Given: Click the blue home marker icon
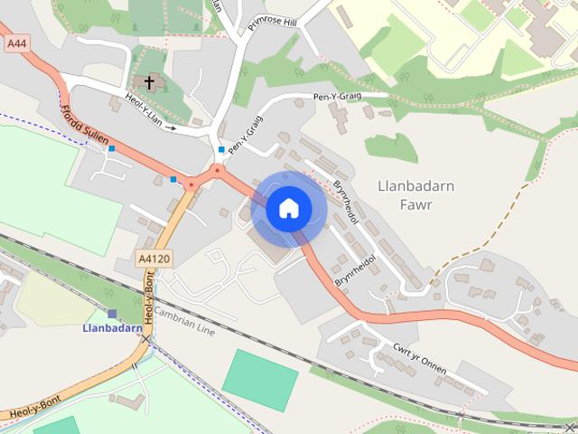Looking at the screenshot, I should (x=287, y=209).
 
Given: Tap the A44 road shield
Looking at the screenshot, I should (x=15, y=42).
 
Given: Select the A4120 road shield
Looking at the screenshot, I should (x=153, y=259).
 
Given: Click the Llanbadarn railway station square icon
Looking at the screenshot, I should (x=112, y=314).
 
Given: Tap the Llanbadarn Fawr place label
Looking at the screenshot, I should (x=415, y=194).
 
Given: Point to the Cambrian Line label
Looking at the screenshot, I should (x=184, y=320).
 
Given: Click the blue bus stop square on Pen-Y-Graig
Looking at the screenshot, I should (x=221, y=149).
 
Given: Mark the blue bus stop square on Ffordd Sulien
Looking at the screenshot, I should (x=111, y=148).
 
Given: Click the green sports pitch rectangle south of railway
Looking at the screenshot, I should (x=260, y=377).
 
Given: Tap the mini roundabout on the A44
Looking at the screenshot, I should (x=217, y=169).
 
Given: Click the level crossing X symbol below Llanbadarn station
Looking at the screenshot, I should (x=145, y=339).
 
